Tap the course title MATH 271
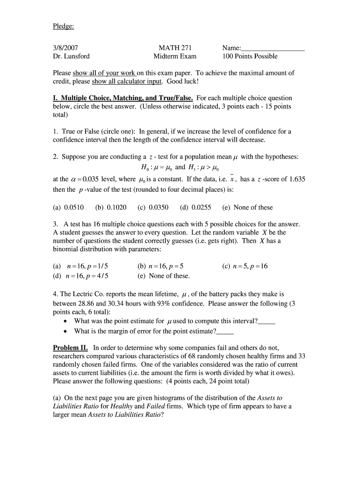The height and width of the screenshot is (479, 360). point(175,48)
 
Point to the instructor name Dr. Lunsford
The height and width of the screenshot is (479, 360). point(71,56)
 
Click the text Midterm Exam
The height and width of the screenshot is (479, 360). point(175,56)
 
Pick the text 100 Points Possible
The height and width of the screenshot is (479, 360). point(250,56)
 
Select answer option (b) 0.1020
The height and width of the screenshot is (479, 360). point(110,207)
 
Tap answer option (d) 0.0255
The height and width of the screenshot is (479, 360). point(195,207)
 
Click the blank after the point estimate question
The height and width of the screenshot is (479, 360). point(266,322)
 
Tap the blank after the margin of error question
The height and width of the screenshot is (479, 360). point(225,332)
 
